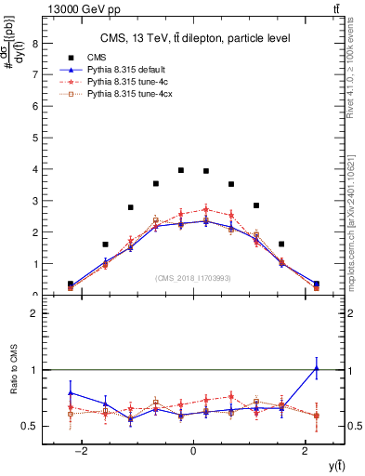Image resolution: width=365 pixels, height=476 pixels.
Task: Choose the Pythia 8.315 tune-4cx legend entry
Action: [125, 94]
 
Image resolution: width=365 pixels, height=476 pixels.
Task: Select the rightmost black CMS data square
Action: [316, 284]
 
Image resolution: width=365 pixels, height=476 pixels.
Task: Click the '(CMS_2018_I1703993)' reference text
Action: [193, 277]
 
